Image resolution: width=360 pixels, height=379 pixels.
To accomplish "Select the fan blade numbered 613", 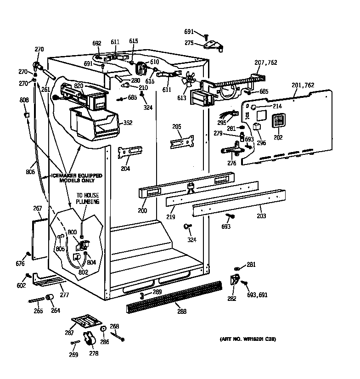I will [x=188, y=81].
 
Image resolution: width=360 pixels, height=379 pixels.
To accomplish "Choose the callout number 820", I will [x=79, y=86].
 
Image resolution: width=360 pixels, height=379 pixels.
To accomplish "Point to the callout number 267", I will [x=37, y=209].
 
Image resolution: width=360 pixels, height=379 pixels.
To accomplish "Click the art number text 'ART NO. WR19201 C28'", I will [x=247, y=339].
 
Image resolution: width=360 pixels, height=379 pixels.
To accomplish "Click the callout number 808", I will [x=24, y=101].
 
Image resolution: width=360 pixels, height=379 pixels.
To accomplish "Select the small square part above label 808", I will [x=27, y=114].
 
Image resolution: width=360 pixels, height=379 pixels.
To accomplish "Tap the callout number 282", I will [x=232, y=299].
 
